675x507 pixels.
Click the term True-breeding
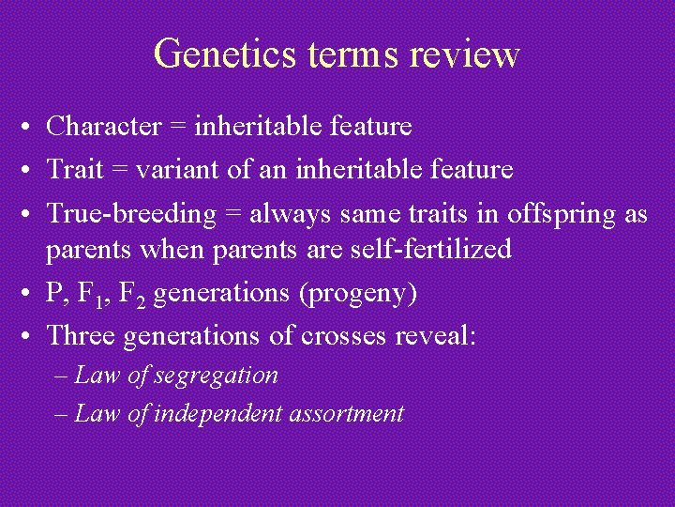[x=131, y=214]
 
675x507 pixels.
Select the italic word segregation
[x=216, y=376]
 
